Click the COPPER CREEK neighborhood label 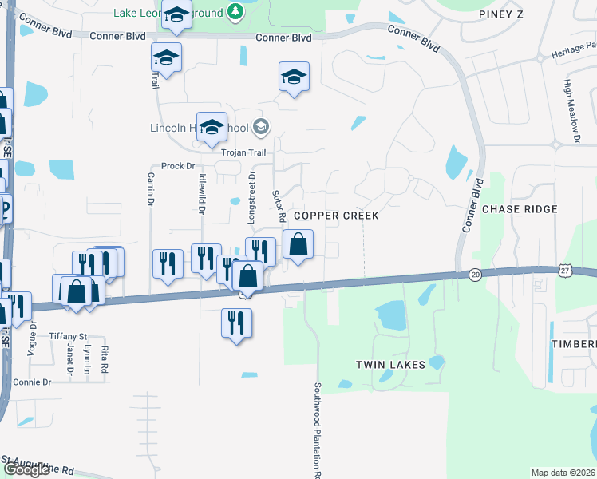pos(335,216)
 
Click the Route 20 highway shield pos(476,275)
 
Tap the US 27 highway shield pos(564,271)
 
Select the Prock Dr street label pos(178,166)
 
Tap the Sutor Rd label pos(279,205)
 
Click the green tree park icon pos(235,11)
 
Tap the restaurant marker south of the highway pos(235,323)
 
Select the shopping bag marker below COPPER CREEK pos(298,243)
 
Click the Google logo pos(26,469)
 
